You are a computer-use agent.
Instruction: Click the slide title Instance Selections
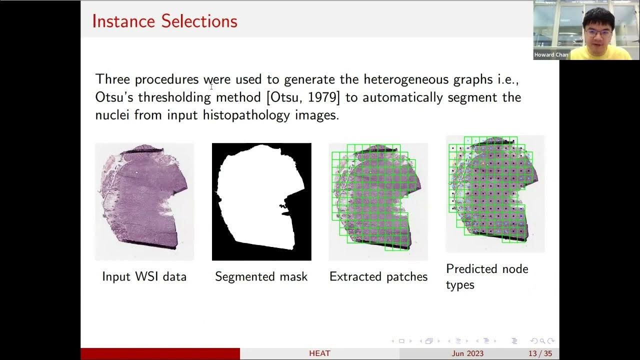164,21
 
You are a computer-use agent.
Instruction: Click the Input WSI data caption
144,276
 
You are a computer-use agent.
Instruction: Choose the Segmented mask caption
261,276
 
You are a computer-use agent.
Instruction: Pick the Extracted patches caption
378,276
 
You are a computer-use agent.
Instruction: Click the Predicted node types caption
487,276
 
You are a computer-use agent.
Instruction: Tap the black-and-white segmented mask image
261,201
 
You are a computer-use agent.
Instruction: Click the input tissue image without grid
144,201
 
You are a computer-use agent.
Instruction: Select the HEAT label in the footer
319,353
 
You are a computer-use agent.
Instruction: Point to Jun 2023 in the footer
467,353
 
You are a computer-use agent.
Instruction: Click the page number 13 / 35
540,353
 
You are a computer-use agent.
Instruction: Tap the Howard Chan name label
551,55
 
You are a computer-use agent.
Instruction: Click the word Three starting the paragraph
113,79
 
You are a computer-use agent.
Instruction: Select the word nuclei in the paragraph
110,115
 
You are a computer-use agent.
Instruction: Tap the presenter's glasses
598,31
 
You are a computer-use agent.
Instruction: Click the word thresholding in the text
174,97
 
